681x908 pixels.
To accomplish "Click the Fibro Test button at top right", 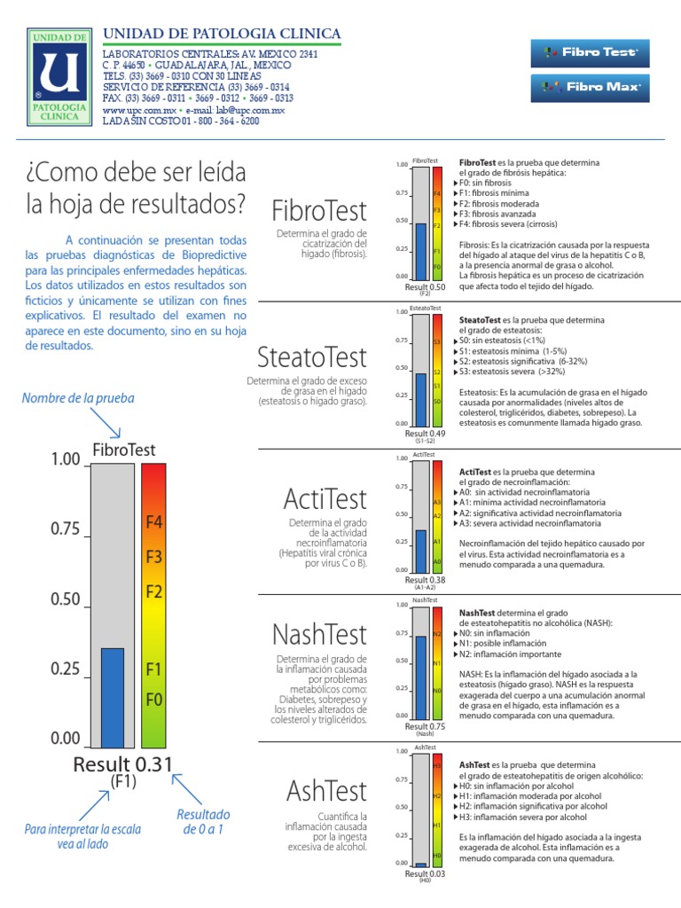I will [x=584, y=52].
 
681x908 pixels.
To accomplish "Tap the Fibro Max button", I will [x=584, y=87].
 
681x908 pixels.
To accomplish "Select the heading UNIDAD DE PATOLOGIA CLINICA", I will [x=222, y=34].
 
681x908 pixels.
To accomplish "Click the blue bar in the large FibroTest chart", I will [x=112, y=697].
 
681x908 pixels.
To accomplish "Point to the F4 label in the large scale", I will [x=153, y=523].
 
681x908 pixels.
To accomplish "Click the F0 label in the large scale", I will [x=153, y=699].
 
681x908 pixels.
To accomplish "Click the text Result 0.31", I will [x=122, y=764].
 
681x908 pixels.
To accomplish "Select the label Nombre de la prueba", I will [x=79, y=398].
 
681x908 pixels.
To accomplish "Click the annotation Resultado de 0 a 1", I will [x=203, y=822].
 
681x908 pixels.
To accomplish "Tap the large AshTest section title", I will [x=326, y=790].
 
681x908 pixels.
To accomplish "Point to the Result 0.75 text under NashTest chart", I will [x=426, y=725].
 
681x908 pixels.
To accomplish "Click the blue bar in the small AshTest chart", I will [x=421, y=864].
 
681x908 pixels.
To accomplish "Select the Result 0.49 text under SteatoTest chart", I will [x=426, y=433].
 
